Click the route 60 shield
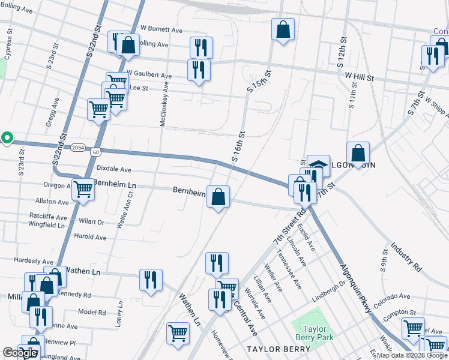(96, 152)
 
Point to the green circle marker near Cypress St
(7, 138)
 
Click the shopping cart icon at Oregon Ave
(83, 188)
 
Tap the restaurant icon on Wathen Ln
(151, 279)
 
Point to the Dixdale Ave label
(113, 170)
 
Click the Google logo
(20, 353)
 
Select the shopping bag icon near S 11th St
(358, 152)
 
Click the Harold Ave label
(91, 238)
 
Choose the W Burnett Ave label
(161, 29)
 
